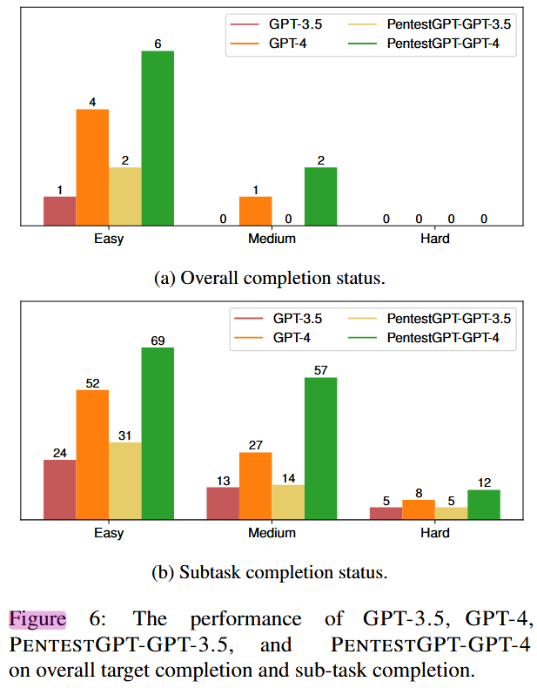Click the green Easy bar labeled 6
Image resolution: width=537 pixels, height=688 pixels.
pos(158,138)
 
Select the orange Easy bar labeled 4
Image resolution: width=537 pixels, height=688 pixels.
pos(92,167)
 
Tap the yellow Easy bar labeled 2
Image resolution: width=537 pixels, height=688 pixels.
pos(125,197)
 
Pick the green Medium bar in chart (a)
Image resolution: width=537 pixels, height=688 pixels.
pos(321,197)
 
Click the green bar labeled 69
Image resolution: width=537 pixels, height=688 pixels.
pos(158,434)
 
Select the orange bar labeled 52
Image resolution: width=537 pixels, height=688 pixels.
pos(92,455)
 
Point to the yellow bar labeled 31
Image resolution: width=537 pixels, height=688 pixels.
pos(125,481)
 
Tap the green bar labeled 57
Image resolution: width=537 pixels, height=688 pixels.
pos(321,449)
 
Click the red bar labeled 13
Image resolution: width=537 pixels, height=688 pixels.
pos(223,503)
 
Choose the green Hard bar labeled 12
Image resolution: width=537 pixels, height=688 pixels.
pos(484,504)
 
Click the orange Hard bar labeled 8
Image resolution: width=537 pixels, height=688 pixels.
pos(419,509)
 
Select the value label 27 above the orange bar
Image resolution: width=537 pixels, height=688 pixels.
pos(256,445)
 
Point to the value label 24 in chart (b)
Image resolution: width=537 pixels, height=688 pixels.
pos(59,453)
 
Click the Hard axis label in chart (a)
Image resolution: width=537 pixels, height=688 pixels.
pos(435,239)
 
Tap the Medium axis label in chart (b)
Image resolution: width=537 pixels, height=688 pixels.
pos(272,533)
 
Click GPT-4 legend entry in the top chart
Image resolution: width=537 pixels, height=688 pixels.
pos(268,44)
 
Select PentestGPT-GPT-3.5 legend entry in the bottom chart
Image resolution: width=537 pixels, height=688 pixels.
pos(430,319)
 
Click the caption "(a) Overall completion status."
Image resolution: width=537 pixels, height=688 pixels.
pos(270,278)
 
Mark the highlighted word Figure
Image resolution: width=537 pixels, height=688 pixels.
pos(37,619)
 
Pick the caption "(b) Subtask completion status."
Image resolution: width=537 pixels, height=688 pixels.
pos(270,572)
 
